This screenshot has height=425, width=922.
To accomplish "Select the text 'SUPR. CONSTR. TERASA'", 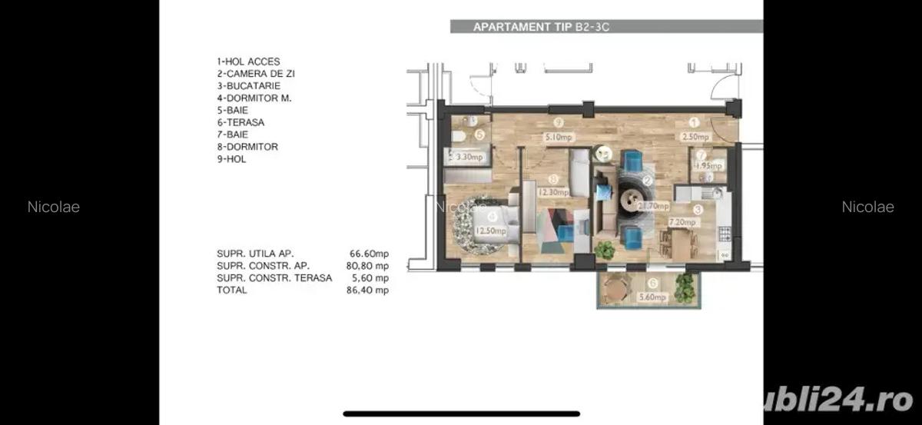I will click(274, 278).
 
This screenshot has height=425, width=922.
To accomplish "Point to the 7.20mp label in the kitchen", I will click(682, 223).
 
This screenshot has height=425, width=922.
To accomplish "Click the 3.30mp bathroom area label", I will click(469, 158).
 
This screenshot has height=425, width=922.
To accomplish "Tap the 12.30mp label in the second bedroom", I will click(553, 193).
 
